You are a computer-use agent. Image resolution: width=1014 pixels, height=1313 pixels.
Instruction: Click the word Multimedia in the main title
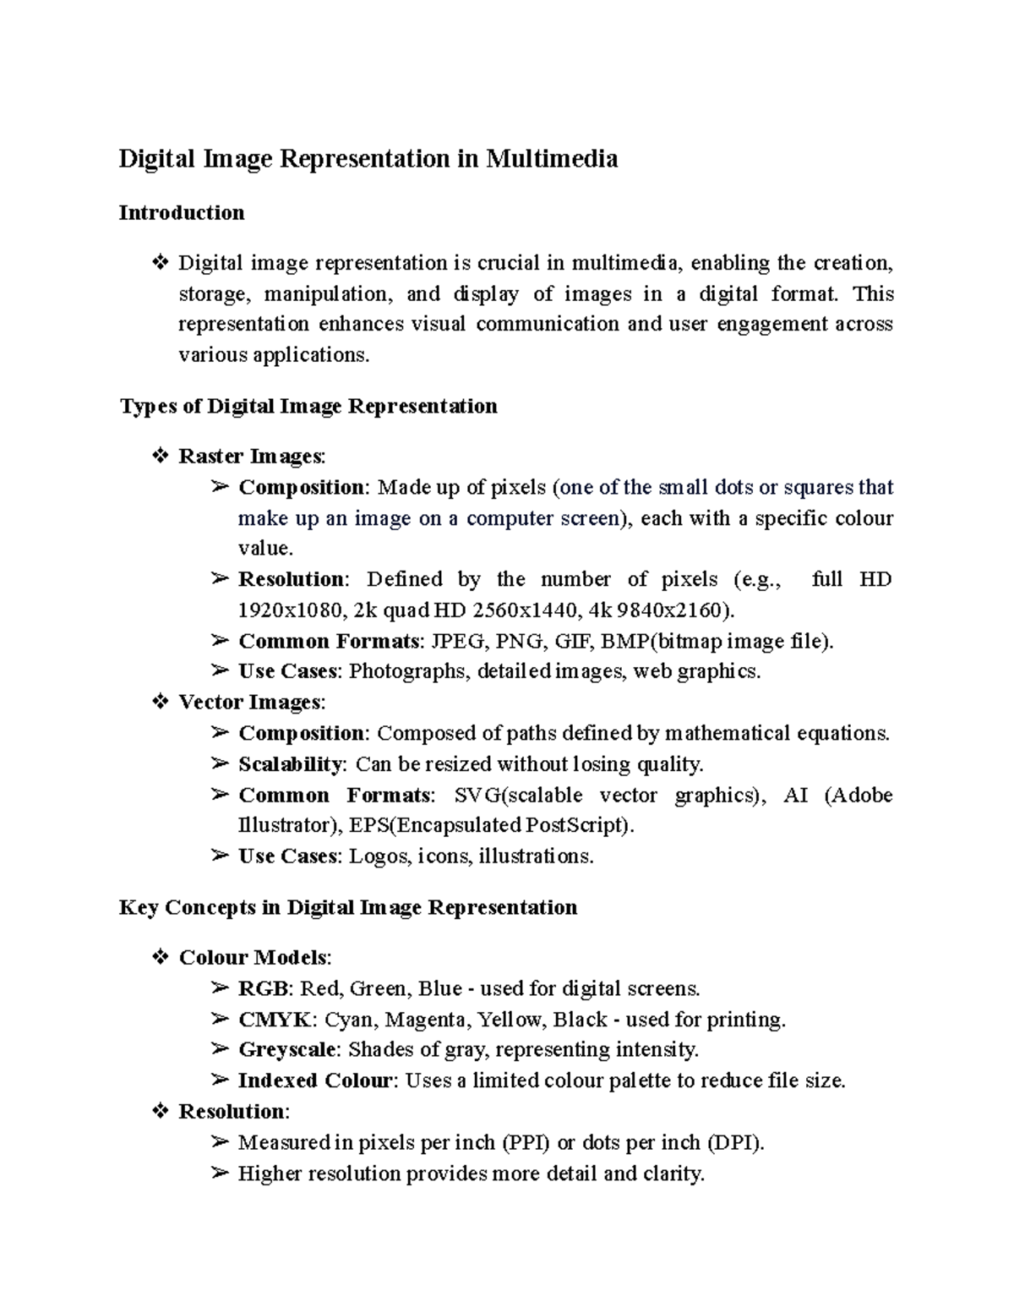[551, 159]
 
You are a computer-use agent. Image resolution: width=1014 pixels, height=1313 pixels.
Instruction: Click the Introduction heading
[182, 213]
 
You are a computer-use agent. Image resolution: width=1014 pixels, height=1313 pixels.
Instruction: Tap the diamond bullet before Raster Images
[160, 457]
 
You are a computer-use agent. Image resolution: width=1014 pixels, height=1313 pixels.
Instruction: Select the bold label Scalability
[290, 764]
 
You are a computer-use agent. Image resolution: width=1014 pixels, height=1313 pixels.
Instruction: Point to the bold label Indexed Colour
[315, 1080]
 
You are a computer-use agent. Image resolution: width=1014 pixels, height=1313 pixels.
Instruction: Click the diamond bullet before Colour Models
[160, 958]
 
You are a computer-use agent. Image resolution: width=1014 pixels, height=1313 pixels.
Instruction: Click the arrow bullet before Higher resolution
[220, 1173]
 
